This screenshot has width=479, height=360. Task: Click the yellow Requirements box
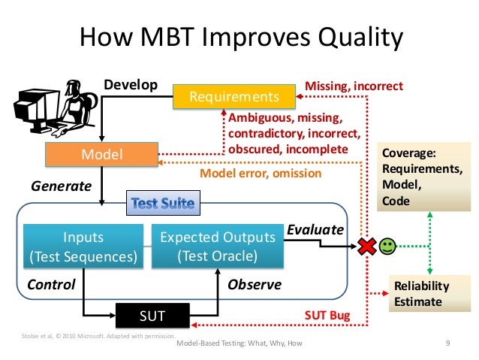click(x=233, y=97)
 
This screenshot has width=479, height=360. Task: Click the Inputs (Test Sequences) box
click(x=83, y=247)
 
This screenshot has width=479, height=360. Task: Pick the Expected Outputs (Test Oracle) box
click(x=218, y=247)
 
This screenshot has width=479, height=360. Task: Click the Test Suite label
click(x=163, y=202)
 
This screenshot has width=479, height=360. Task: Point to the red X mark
click(x=367, y=247)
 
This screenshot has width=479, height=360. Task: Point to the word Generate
click(x=61, y=185)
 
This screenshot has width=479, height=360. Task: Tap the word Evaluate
click(x=316, y=229)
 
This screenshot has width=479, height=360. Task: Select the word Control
click(x=51, y=285)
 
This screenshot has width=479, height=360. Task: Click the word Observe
click(x=254, y=285)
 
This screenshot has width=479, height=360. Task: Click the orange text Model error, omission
click(x=260, y=174)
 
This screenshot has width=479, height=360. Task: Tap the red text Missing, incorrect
click(x=354, y=86)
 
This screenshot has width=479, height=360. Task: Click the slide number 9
click(x=447, y=343)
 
